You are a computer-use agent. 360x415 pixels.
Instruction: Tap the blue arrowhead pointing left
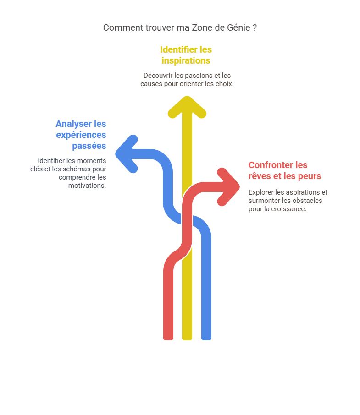(125, 154)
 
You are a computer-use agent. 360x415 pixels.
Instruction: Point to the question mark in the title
(255, 28)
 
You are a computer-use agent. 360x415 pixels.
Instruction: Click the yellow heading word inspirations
(186, 60)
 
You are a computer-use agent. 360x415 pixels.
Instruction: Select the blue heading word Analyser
(74, 124)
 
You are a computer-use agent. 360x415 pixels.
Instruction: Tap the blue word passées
(89, 146)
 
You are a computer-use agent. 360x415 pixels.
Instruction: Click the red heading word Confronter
(271, 165)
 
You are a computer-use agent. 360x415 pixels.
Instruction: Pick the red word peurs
(309, 176)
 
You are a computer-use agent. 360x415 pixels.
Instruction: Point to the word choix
(226, 84)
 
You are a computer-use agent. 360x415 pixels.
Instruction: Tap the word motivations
(87, 186)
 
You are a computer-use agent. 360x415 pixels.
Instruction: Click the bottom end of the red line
(168, 339)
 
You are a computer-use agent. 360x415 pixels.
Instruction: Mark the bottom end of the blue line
(206, 339)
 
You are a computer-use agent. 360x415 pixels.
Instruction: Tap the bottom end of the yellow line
(187, 339)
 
